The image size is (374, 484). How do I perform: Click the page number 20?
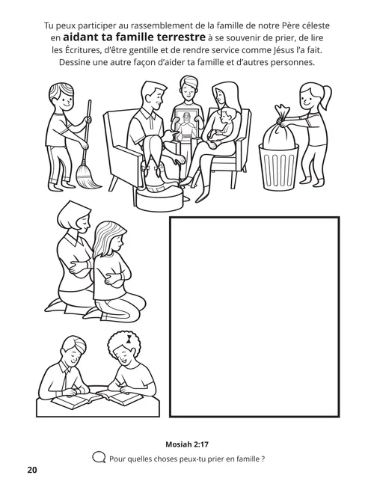click(31, 471)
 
